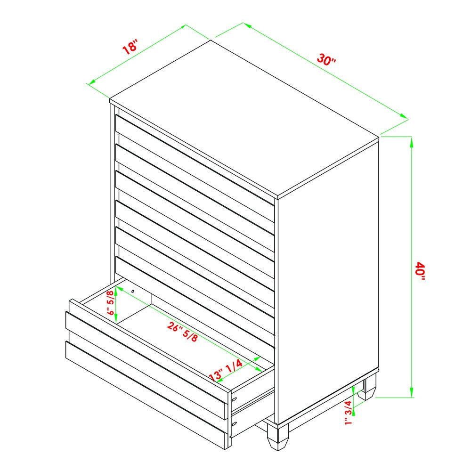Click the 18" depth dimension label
click(x=130, y=47)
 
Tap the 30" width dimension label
click(x=326, y=59)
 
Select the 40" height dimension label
click(x=420, y=271)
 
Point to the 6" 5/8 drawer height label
click(x=111, y=302)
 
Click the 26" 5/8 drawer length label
click(x=183, y=332)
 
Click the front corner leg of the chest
click(x=278, y=437)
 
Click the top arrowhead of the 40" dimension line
click(x=412, y=142)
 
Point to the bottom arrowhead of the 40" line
click(x=412, y=392)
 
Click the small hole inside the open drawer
click(x=133, y=291)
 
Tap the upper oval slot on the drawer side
click(x=235, y=399)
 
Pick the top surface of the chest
click(x=244, y=119)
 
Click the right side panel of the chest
click(x=328, y=281)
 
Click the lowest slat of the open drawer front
click(x=146, y=395)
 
